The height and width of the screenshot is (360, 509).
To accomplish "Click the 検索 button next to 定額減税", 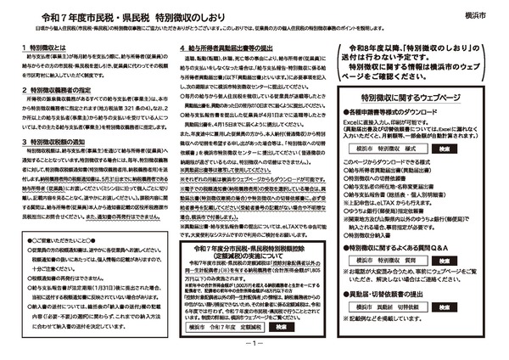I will pos(282,326).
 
